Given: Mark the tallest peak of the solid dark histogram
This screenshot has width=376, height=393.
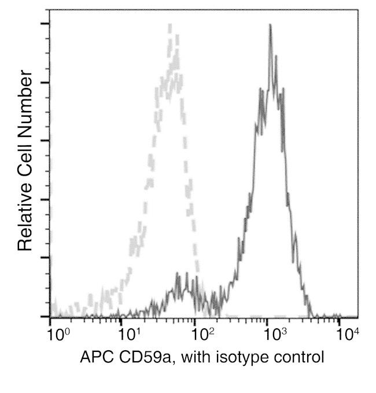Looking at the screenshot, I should pos(270,25).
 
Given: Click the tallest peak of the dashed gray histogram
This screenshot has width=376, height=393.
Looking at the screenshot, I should pos(169,25).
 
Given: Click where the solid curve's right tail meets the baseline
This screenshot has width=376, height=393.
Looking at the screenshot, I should pos(312,316).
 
